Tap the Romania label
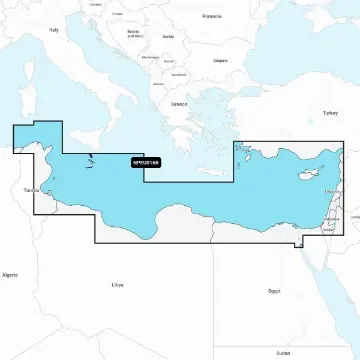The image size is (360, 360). click(212, 16)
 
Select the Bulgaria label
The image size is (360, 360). click(220, 59)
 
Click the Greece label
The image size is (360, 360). click(179, 103)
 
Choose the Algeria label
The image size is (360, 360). click(10, 273)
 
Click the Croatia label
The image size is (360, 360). click(119, 14)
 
